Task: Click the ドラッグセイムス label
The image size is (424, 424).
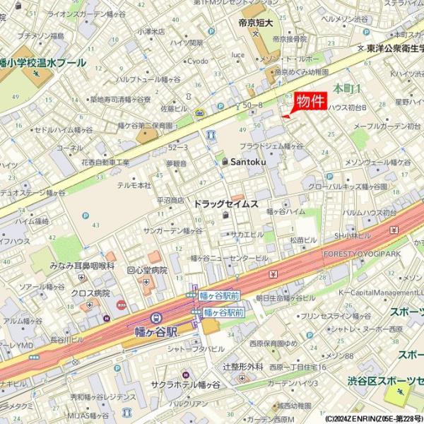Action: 226,204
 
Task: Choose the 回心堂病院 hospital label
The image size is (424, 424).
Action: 146,270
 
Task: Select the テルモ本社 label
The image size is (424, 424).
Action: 134,185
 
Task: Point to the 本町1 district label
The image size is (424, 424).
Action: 347,88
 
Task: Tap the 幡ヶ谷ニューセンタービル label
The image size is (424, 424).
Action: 229,259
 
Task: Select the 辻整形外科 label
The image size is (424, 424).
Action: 243,367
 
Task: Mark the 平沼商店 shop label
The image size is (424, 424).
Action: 170,200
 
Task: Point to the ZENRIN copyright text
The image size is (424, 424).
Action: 373,418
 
